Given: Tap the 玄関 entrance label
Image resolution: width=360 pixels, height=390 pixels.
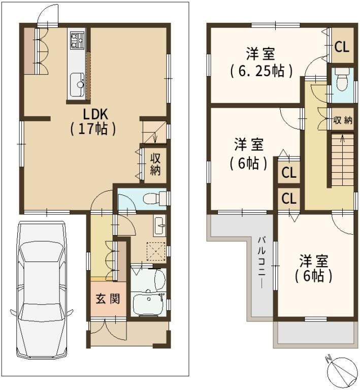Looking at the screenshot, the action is (x=108, y=299).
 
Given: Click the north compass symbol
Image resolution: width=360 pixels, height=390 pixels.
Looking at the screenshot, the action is (x=341, y=372).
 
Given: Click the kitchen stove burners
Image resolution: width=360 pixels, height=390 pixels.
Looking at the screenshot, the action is (x=77, y=40).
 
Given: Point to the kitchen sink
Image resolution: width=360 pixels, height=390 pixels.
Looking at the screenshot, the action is (x=77, y=85).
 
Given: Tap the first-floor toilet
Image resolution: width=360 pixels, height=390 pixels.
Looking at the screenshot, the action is (x=155, y=198).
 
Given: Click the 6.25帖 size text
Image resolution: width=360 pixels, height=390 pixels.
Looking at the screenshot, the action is (x=261, y=71).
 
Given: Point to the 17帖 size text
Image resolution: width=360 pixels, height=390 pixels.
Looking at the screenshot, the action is (x=93, y=128).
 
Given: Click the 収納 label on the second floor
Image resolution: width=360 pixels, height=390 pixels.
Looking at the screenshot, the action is (x=343, y=120).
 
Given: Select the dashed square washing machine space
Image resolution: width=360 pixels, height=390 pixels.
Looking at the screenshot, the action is (x=156, y=251).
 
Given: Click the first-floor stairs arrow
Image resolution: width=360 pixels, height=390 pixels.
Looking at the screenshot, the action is (x=155, y=136).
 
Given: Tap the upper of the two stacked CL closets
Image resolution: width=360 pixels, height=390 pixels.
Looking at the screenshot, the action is (x=289, y=172).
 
